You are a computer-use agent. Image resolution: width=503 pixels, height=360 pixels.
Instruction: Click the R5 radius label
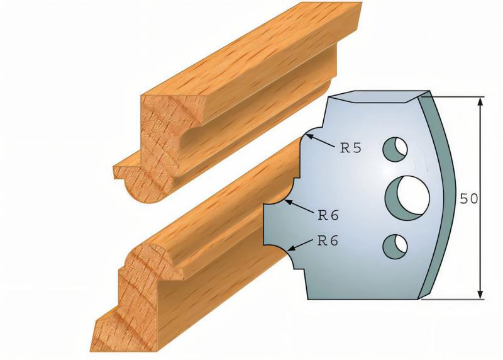[351, 149]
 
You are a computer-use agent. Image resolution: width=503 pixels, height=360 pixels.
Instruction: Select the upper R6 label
[328, 215]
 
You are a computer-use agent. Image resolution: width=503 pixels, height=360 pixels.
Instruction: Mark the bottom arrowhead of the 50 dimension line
[481, 293]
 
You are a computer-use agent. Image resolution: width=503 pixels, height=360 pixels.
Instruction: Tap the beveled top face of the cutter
[377, 96]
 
